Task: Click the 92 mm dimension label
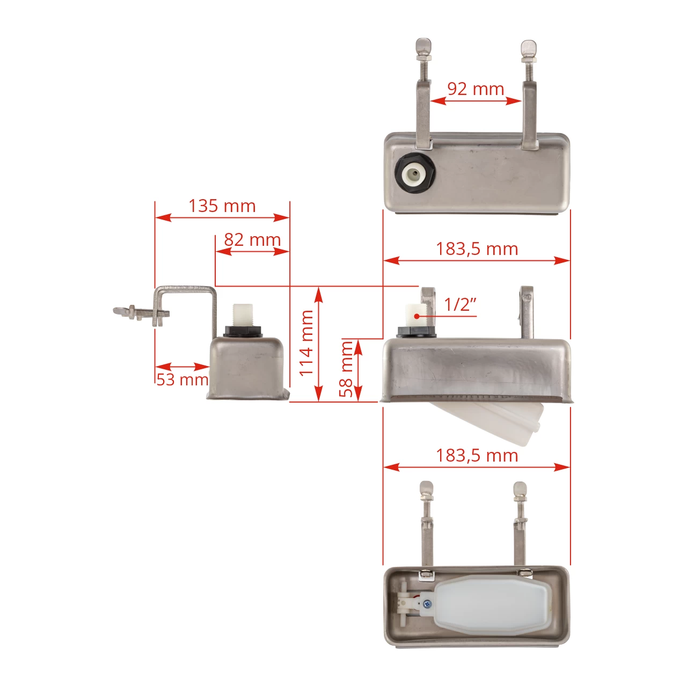click(476, 89)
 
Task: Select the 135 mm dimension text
click(222, 206)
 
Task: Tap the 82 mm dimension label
click(252, 240)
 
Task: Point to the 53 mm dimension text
click(182, 379)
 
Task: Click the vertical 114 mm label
click(306, 343)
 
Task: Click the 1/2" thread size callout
click(460, 304)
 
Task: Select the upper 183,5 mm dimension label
click(477, 249)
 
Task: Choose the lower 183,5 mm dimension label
click(477, 456)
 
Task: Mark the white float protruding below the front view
click(494, 421)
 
